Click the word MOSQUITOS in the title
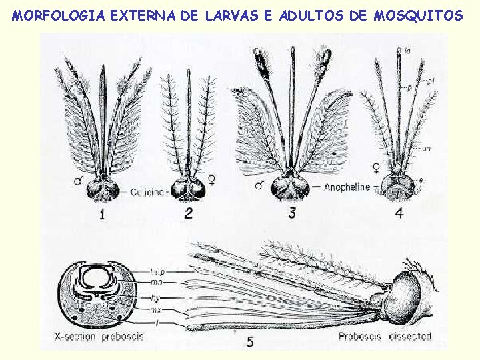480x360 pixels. pyautogui.click(x=418, y=15)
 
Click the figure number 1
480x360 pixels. pyautogui.click(x=103, y=214)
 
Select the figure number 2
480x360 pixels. pyautogui.click(x=189, y=213)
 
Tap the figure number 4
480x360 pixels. pyautogui.click(x=399, y=213)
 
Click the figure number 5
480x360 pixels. pyautogui.click(x=250, y=342)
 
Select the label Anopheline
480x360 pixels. pyautogui.click(x=347, y=187)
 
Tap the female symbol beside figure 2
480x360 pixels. pyautogui.click(x=211, y=179)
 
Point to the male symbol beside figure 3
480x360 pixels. pyautogui.click(x=259, y=185)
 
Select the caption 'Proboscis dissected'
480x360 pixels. pyautogui.click(x=385, y=336)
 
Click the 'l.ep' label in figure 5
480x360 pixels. pyautogui.click(x=157, y=272)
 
